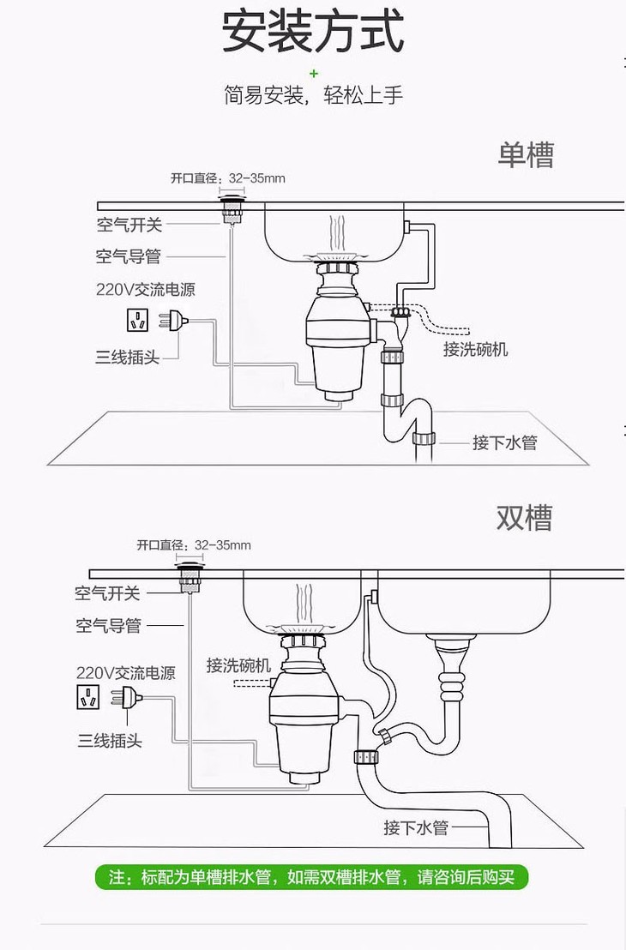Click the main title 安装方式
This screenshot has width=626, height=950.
(x=312, y=33)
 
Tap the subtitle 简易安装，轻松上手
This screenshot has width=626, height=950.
(x=312, y=94)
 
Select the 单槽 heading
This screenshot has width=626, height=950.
(x=526, y=154)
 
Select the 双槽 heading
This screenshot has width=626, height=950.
(x=524, y=517)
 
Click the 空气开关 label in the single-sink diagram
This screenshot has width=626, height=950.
(x=129, y=225)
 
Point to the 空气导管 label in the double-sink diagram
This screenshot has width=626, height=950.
(x=108, y=625)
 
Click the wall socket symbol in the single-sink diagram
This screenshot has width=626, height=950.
(x=137, y=321)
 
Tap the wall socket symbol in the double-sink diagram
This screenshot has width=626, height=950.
(x=87, y=695)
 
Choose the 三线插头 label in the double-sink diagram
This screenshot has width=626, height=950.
(x=110, y=740)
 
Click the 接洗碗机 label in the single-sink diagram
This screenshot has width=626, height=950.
(x=475, y=349)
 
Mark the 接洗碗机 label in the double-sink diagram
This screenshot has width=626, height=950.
(x=238, y=664)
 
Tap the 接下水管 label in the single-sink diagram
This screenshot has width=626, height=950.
(x=504, y=442)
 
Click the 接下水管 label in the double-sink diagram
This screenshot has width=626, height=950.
(x=416, y=827)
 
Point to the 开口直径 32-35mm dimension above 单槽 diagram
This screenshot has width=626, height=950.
(x=227, y=178)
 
